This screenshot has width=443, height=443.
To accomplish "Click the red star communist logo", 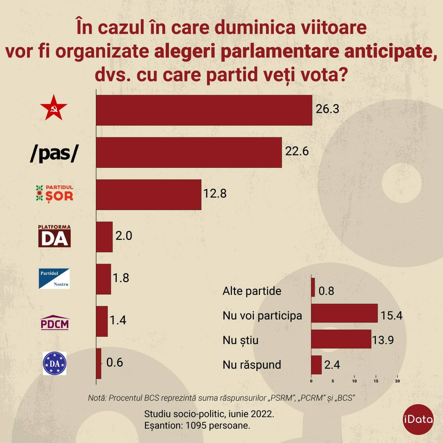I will coord(54,108).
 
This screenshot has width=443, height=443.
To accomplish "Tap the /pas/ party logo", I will coord(54,153).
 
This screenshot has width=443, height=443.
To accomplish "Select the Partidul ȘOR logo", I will coord(55,194).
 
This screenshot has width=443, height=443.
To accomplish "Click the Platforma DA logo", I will coord(54,236).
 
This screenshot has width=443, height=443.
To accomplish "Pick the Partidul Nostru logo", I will coord(54,279).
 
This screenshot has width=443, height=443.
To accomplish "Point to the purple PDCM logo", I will coord(55,322).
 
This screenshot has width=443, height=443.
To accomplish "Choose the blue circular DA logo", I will coord(54,363).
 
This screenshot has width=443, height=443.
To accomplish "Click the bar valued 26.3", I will coord(204,110).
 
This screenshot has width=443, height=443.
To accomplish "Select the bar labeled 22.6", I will coord(189,152).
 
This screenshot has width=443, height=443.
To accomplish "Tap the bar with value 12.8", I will coord(148,195).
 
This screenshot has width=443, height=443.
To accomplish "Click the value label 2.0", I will coord(124,236).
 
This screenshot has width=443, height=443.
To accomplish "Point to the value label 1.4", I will coord(118,320).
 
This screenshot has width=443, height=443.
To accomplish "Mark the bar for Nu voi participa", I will coord(344,313).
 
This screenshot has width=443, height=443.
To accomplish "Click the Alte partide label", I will coord(252,291).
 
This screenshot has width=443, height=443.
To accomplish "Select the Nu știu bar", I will coord(341,339).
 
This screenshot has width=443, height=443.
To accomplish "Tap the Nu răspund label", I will coord(252,365).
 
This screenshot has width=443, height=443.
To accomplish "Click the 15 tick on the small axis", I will coord(376,381).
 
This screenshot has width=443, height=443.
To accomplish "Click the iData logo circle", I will coord(418,419).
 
